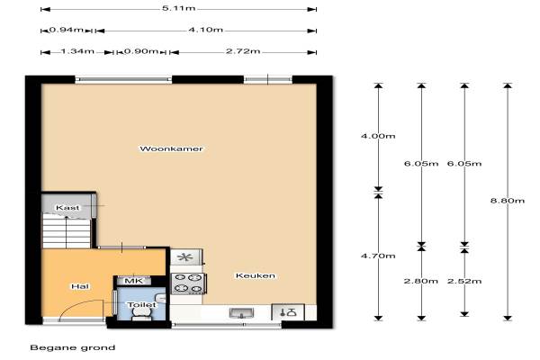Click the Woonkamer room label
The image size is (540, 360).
171,148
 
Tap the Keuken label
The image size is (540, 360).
256,275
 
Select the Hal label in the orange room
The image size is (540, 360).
80,286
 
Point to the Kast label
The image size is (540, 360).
67,208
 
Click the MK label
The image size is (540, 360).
133,281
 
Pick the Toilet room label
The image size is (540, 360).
141,304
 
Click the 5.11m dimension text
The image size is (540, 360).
179,8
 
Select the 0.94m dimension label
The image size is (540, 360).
66,30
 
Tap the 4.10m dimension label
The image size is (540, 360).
205,30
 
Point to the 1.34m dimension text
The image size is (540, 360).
77,51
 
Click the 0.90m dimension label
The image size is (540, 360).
141,51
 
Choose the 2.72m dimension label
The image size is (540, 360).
243,51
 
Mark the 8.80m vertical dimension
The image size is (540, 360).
508,201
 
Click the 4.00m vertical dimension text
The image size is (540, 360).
378,136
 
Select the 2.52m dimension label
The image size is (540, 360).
464,281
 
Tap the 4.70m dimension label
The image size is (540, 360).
378,256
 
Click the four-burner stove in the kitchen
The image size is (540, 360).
188,283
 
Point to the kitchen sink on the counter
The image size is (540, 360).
242,313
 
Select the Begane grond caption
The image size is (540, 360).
73,347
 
